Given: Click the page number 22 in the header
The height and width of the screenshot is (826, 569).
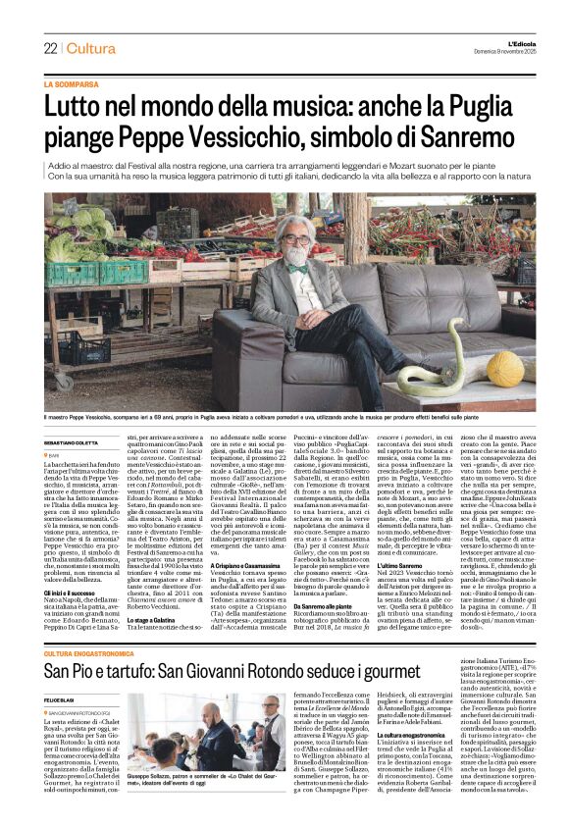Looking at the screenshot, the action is click(x=50, y=49).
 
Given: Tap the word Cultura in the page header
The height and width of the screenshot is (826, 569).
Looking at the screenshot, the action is click(x=91, y=49).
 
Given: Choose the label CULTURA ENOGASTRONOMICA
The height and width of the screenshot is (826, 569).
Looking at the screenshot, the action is click(x=105, y=653).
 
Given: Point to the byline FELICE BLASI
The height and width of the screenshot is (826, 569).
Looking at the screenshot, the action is click(x=62, y=697).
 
